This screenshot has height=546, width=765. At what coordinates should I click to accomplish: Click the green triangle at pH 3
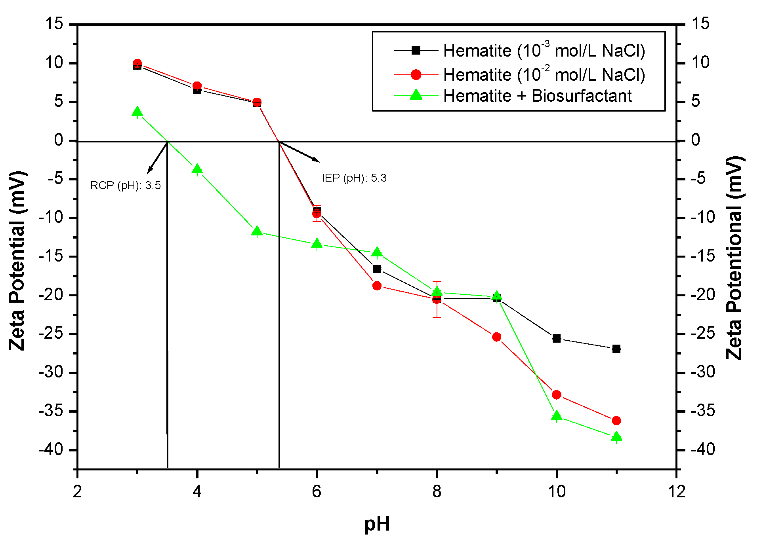(x=137, y=112)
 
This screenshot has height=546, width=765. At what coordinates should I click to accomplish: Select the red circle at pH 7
(x=377, y=286)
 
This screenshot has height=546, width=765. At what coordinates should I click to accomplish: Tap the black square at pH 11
(x=616, y=349)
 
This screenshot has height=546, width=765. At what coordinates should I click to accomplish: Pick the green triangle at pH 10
(x=556, y=416)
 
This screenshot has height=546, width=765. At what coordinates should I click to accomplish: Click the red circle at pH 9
(x=496, y=337)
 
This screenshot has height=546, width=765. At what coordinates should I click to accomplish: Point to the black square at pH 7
(x=377, y=269)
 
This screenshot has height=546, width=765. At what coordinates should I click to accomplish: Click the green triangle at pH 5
(x=257, y=231)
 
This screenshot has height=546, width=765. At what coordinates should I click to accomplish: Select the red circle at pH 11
(x=616, y=421)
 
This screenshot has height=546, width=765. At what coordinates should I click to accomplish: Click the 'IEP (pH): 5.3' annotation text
(x=354, y=178)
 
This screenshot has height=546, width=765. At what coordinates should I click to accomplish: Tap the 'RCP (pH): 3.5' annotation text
(x=126, y=186)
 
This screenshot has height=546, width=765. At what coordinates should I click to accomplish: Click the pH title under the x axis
(x=377, y=524)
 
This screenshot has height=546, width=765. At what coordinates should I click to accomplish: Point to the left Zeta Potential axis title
(x=17, y=261)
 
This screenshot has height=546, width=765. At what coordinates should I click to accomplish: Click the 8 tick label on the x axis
(x=437, y=492)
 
